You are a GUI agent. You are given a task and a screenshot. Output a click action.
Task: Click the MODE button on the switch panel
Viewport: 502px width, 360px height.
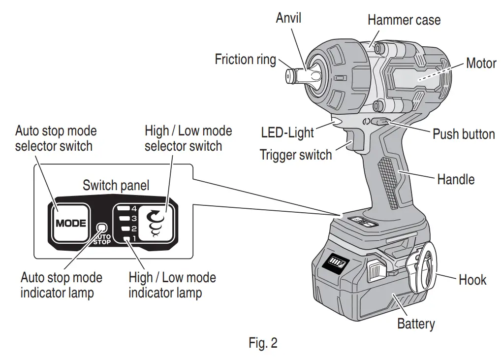70,223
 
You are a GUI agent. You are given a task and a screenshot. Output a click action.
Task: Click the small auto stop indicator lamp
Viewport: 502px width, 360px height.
102,228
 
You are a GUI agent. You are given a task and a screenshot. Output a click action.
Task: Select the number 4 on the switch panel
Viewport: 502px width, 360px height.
133,208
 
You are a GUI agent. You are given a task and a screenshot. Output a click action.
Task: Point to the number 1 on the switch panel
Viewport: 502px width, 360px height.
133,239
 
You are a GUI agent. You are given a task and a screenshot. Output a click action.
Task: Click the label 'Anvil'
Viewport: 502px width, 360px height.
288,18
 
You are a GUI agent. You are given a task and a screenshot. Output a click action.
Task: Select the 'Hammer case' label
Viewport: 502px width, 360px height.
404,20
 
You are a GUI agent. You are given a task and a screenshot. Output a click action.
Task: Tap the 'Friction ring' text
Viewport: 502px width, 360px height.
245,60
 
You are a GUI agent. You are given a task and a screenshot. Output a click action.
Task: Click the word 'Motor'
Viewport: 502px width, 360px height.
481,63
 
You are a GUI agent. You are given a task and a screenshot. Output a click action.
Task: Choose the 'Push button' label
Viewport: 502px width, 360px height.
463,134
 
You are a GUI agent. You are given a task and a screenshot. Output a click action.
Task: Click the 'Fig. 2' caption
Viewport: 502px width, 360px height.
263,343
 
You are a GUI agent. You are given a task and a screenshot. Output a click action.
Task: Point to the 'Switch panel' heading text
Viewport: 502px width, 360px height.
116,185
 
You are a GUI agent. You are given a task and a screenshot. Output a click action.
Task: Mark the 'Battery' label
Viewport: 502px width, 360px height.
416,324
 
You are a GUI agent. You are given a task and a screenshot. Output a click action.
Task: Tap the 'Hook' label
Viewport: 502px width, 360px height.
472,280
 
